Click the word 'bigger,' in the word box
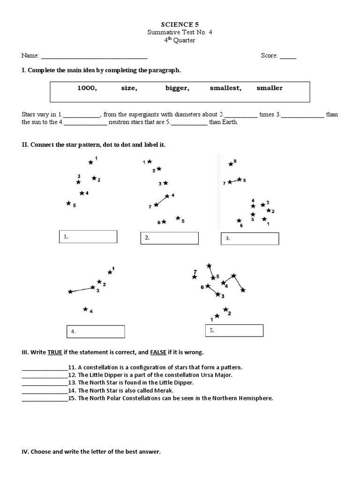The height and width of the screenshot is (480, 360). point(177,88)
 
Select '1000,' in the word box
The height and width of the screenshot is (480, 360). point(87,88)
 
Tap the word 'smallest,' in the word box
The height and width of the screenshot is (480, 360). point(225,88)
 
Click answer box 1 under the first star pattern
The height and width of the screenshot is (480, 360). point(88,237)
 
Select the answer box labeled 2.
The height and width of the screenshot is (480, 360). point(169,238)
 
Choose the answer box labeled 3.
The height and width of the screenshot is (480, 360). point(250,239)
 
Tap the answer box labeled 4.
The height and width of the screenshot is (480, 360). point(96,331)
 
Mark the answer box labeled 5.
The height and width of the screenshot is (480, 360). point(234,330)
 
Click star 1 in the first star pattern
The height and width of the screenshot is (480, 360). point(91,162)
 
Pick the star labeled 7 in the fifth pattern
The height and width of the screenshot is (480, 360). point(195,277)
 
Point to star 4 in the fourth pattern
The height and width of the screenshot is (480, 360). point(85,309)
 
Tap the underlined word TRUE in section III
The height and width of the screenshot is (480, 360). point(55,352)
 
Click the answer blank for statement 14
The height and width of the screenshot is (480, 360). point(45,390)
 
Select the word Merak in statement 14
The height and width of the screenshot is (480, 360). point(165,390)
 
